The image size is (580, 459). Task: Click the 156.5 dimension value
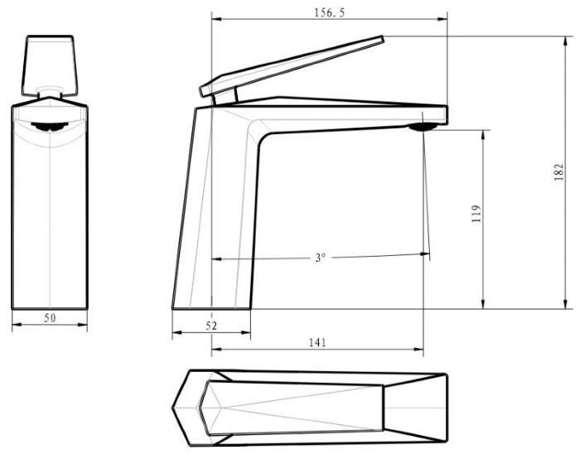329,12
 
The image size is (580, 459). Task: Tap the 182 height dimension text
559,172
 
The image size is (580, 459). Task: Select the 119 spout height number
476,214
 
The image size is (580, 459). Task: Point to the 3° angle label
321,257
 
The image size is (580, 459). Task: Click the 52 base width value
211,326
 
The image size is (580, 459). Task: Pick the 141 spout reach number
317,342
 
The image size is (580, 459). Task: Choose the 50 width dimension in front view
50,317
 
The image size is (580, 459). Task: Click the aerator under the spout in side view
423,128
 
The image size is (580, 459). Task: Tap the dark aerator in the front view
50,127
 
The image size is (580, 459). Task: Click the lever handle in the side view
292,65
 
